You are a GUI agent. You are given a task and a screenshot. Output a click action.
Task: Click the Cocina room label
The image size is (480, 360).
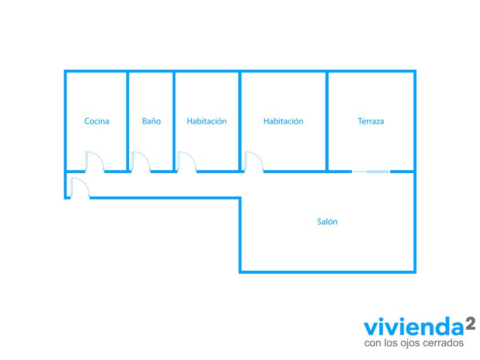coord(97,121)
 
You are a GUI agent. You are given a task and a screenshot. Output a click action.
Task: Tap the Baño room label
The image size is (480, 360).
coord(151,121)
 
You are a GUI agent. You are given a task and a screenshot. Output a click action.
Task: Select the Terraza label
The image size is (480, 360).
coord(371,121)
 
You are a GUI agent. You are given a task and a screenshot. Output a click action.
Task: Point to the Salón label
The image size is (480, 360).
coord(327,222)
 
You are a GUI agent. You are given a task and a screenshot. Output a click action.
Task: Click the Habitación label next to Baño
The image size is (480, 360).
coord(207,121)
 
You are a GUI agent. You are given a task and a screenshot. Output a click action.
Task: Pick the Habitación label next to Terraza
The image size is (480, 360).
coord(283,121)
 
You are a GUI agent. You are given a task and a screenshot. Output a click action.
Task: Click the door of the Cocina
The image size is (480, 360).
coord(94,162)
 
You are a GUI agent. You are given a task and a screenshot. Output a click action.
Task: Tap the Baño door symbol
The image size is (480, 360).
coord(140,162)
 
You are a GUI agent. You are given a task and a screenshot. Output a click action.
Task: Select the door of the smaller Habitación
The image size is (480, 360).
coord(186,162)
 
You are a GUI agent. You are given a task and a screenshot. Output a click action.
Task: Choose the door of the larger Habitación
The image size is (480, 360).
coord(254,162)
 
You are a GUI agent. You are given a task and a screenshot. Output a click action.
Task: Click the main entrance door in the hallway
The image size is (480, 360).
coord(79,188)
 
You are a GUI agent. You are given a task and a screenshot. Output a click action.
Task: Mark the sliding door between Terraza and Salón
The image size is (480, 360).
coord(371,171)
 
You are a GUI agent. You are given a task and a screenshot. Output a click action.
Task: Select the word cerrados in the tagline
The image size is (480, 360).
coord(442,343)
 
